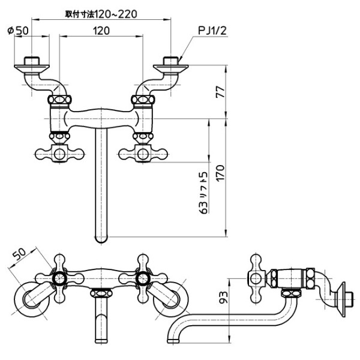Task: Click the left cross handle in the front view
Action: [x=59, y=154]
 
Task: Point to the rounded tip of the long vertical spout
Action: [x=101, y=239]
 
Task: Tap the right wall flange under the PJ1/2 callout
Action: [x=172, y=62]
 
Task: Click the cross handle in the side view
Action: [x=255, y=278]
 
